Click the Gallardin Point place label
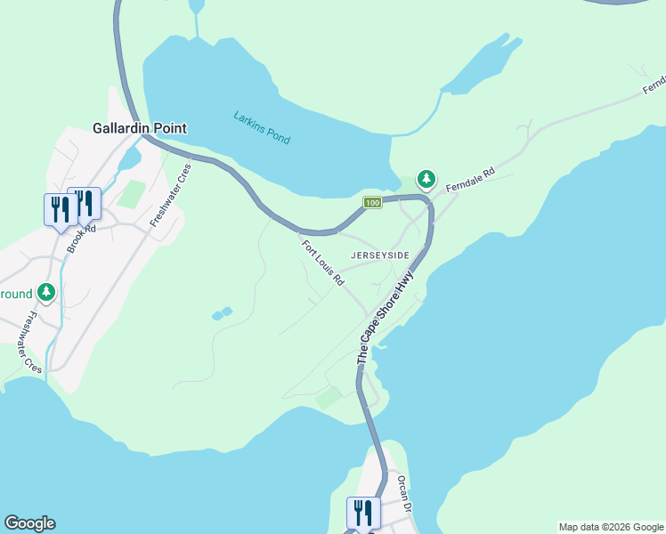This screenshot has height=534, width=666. coord(140,128)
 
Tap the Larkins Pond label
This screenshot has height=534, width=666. coord(261,127)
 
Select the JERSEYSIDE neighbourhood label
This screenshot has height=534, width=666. coord(380,255)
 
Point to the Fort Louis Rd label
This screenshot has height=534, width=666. coord(322,263)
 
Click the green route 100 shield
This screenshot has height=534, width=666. coord(372,204)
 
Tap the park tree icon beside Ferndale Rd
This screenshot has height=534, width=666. coord(426,180)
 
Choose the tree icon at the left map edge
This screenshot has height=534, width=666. coord(46,292)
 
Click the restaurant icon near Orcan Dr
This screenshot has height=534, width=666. coord(363,513)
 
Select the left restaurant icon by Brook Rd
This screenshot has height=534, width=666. coord(60,209)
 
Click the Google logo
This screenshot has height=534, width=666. coord(29,523)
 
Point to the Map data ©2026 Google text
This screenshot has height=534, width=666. coord(610,527)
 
